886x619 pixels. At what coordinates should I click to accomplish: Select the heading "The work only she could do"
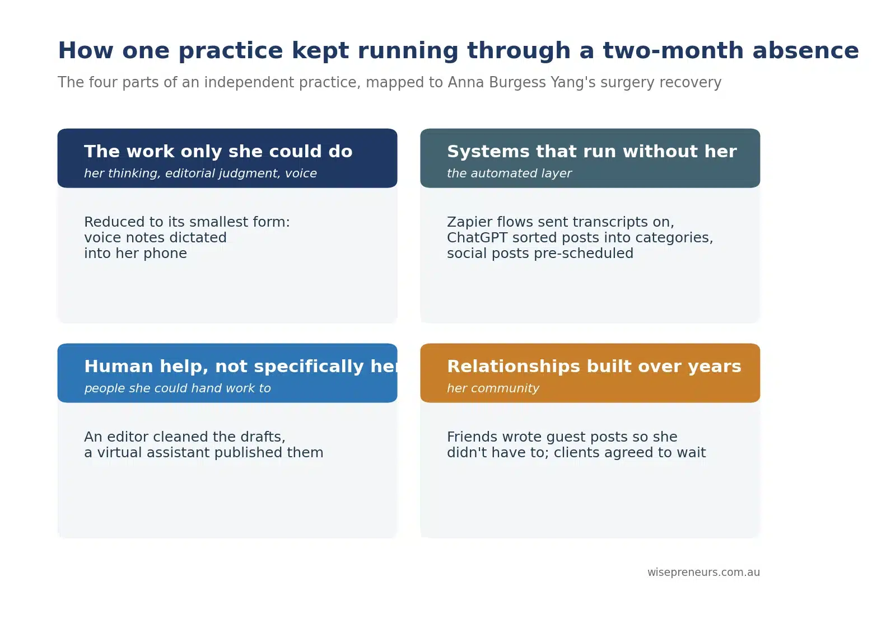tap(218, 151)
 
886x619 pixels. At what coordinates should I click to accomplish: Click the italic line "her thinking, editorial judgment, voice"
tap(200, 173)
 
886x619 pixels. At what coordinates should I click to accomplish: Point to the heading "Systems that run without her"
tap(592, 151)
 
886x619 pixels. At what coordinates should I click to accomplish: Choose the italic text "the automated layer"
tap(509, 173)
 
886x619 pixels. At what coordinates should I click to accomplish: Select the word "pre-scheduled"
tap(584, 254)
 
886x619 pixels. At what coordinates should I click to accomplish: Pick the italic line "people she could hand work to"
tap(178, 388)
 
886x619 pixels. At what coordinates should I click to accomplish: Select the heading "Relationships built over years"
tap(594, 367)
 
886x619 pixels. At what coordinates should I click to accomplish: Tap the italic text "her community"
tap(493, 388)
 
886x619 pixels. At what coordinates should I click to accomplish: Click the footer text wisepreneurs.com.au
tap(703, 573)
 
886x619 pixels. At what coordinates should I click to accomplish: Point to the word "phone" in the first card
tap(165, 254)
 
